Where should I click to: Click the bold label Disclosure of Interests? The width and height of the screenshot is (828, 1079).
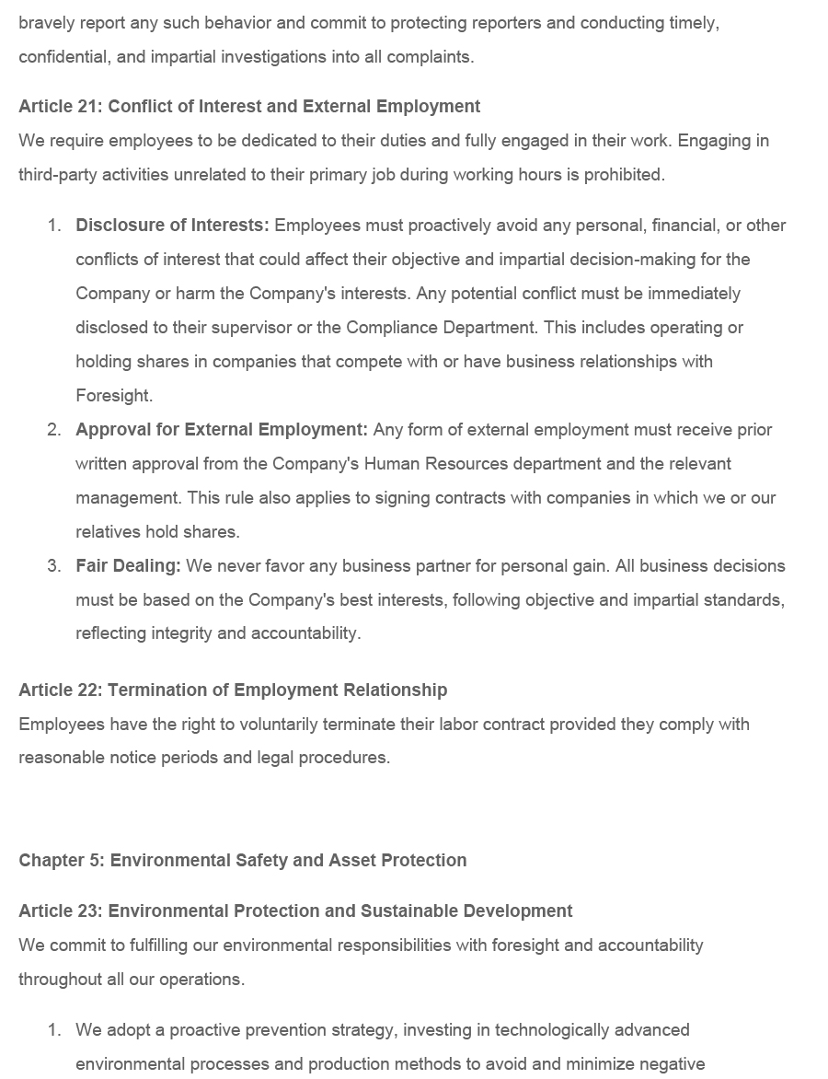[x=172, y=226]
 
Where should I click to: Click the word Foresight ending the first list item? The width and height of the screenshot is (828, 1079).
[x=113, y=396]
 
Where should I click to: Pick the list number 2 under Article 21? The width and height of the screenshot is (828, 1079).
[x=54, y=430]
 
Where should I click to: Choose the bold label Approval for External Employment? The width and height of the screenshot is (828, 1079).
[x=221, y=430]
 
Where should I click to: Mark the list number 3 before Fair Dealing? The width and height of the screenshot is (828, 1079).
[x=54, y=566]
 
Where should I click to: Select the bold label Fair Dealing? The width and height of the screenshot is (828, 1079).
[x=128, y=566]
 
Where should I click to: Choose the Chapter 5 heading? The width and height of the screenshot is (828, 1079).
[x=243, y=861]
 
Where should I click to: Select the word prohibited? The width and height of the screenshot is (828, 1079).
[x=622, y=175]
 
